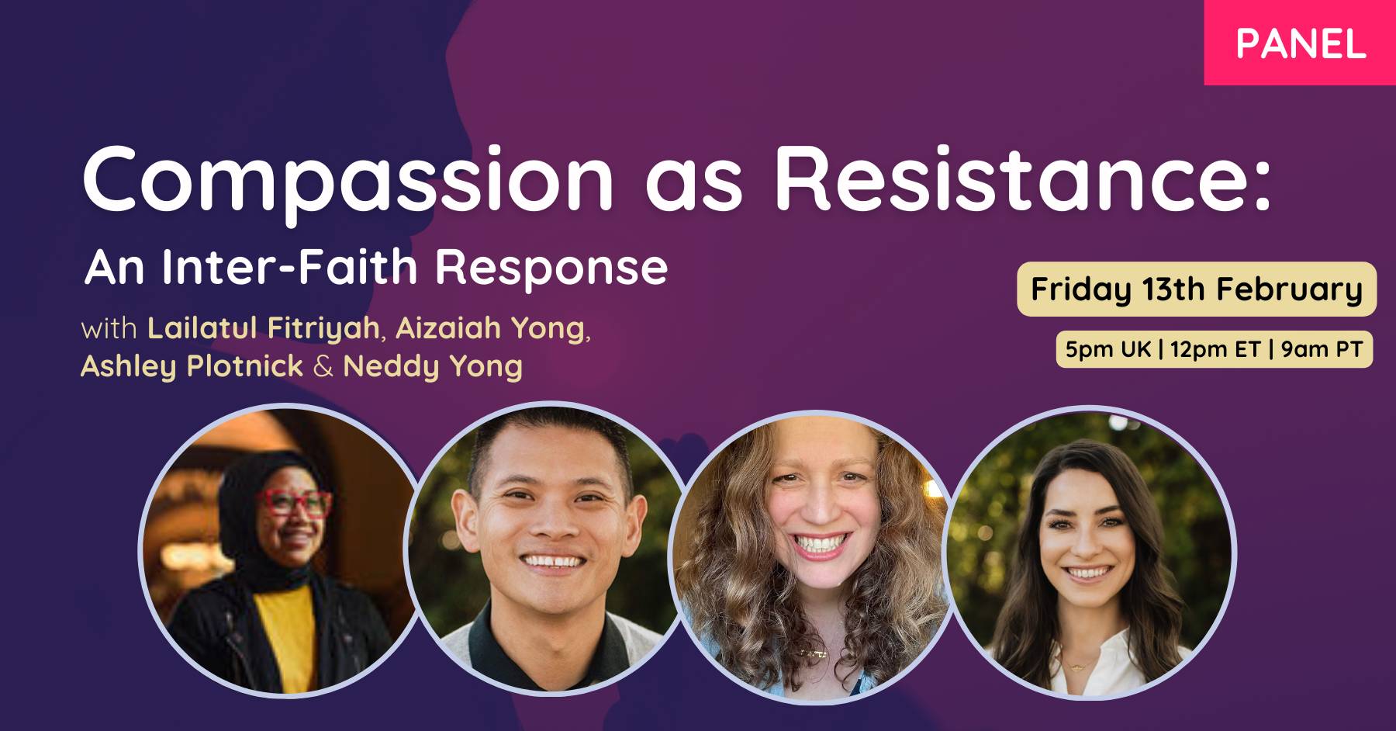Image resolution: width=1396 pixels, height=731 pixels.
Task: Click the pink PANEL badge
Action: (x=1300, y=43)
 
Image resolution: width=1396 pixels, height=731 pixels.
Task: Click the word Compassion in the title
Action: (x=348, y=182)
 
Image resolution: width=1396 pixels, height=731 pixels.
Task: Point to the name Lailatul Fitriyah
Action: (x=263, y=328)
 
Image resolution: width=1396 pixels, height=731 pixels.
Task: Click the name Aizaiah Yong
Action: (x=490, y=328)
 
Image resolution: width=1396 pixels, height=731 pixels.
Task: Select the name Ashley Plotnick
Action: (x=192, y=366)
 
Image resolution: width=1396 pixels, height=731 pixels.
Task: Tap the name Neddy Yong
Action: (x=433, y=366)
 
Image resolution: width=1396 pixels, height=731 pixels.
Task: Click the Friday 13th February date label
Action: (x=1197, y=289)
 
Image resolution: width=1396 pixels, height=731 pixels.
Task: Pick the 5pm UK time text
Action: (x=1108, y=349)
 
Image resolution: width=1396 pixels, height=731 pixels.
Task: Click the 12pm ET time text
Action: (x=1215, y=349)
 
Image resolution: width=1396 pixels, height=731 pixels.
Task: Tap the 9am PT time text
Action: (x=1322, y=349)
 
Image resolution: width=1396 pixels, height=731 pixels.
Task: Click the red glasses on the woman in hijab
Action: (x=295, y=504)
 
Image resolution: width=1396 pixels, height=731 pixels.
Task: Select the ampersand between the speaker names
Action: (x=323, y=366)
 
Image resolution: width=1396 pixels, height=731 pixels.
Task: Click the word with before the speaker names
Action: (x=109, y=328)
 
